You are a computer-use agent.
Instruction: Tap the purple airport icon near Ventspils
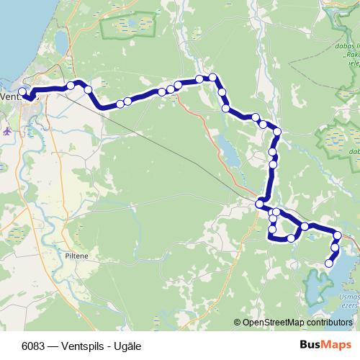pyautogui.click(x=7, y=131)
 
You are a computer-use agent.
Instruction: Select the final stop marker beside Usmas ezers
pyautogui.click(x=329, y=264)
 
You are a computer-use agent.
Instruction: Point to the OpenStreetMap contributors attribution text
pyautogui.click(x=297, y=323)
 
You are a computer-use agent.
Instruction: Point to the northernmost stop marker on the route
pyautogui.click(x=213, y=77)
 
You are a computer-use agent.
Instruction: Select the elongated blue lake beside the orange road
pyautogui.click(x=227, y=151)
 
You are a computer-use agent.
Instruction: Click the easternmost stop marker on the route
pyautogui.click(x=337, y=235)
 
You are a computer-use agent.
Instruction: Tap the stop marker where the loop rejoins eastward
pyautogui.click(x=305, y=227)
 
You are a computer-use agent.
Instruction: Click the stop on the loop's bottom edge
pyautogui.click(x=291, y=238)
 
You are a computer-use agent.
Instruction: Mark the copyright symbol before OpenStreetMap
pyautogui.click(x=238, y=323)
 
